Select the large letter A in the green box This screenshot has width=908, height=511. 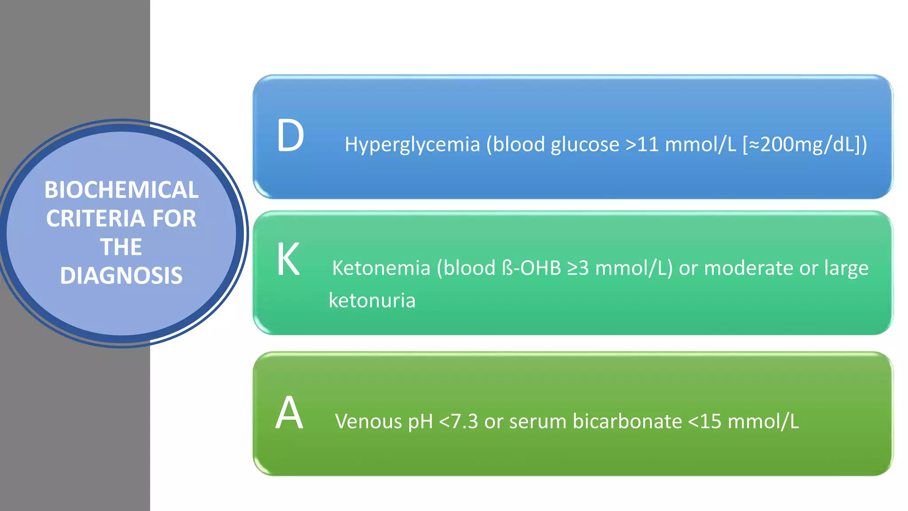tap(289, 413)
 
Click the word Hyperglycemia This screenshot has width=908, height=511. tap(412, 145)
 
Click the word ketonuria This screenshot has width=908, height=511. tap(372, 300)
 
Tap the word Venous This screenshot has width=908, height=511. tap(368, 421)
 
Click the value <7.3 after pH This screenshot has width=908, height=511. tap(458, 421)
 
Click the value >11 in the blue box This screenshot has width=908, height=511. tap(642, 145)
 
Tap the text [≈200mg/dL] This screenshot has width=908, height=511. tap(805, 145)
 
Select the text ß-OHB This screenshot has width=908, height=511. tap(532, 268)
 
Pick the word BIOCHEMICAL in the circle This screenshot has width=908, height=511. tap(121, 190)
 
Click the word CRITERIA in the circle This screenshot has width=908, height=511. tap(96, 218)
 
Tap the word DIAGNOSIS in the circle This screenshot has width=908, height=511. tap(121, 275)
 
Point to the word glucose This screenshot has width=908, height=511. tap(585, 145)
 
